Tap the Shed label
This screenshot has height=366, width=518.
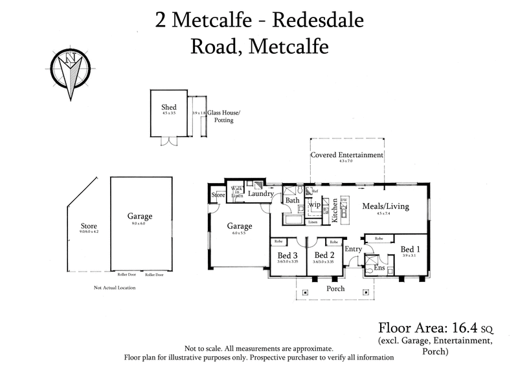point(169,107)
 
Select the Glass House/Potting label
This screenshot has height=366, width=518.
point(223,116)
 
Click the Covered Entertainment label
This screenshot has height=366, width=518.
point(346,155)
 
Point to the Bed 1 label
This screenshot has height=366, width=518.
point(410,249)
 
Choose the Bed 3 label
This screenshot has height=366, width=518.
point(286,255)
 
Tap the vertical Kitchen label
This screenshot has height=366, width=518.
point(335,211)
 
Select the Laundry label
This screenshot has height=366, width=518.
point(261,193)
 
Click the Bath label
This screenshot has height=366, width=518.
point(293,200)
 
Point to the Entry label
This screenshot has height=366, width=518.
point(354,249)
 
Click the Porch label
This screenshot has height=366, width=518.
point(335,288)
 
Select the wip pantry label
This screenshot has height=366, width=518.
point(315,205)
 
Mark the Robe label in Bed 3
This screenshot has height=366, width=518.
point(278,241)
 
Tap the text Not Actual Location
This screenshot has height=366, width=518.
point(115,287)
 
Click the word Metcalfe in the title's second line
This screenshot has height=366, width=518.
point(293,47)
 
